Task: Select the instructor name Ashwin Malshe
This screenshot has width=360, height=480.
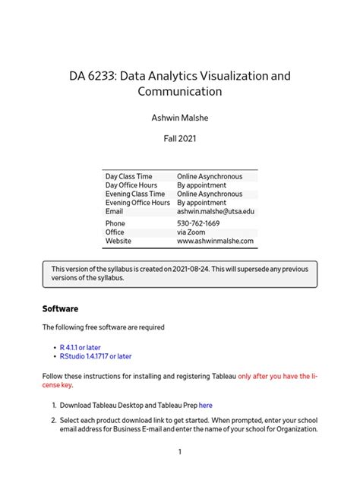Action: pos(179,118)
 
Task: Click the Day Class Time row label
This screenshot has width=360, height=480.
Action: pos(128,176)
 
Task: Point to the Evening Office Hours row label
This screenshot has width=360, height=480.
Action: pos(137,203)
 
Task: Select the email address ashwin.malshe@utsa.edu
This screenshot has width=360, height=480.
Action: pos(216,211)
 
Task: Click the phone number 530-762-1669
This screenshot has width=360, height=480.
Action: pos(198,224)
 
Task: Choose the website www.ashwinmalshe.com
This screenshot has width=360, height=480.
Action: pos(215,241)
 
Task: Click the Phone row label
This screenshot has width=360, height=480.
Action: pos(115,224)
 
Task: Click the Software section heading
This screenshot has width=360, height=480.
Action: pos(60,309)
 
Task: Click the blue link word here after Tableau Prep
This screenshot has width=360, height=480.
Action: pos(205,405)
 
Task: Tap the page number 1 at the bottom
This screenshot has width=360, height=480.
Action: pos(180,452)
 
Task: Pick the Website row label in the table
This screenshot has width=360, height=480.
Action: pos(118,241)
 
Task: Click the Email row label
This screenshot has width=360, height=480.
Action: pos(114,211)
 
